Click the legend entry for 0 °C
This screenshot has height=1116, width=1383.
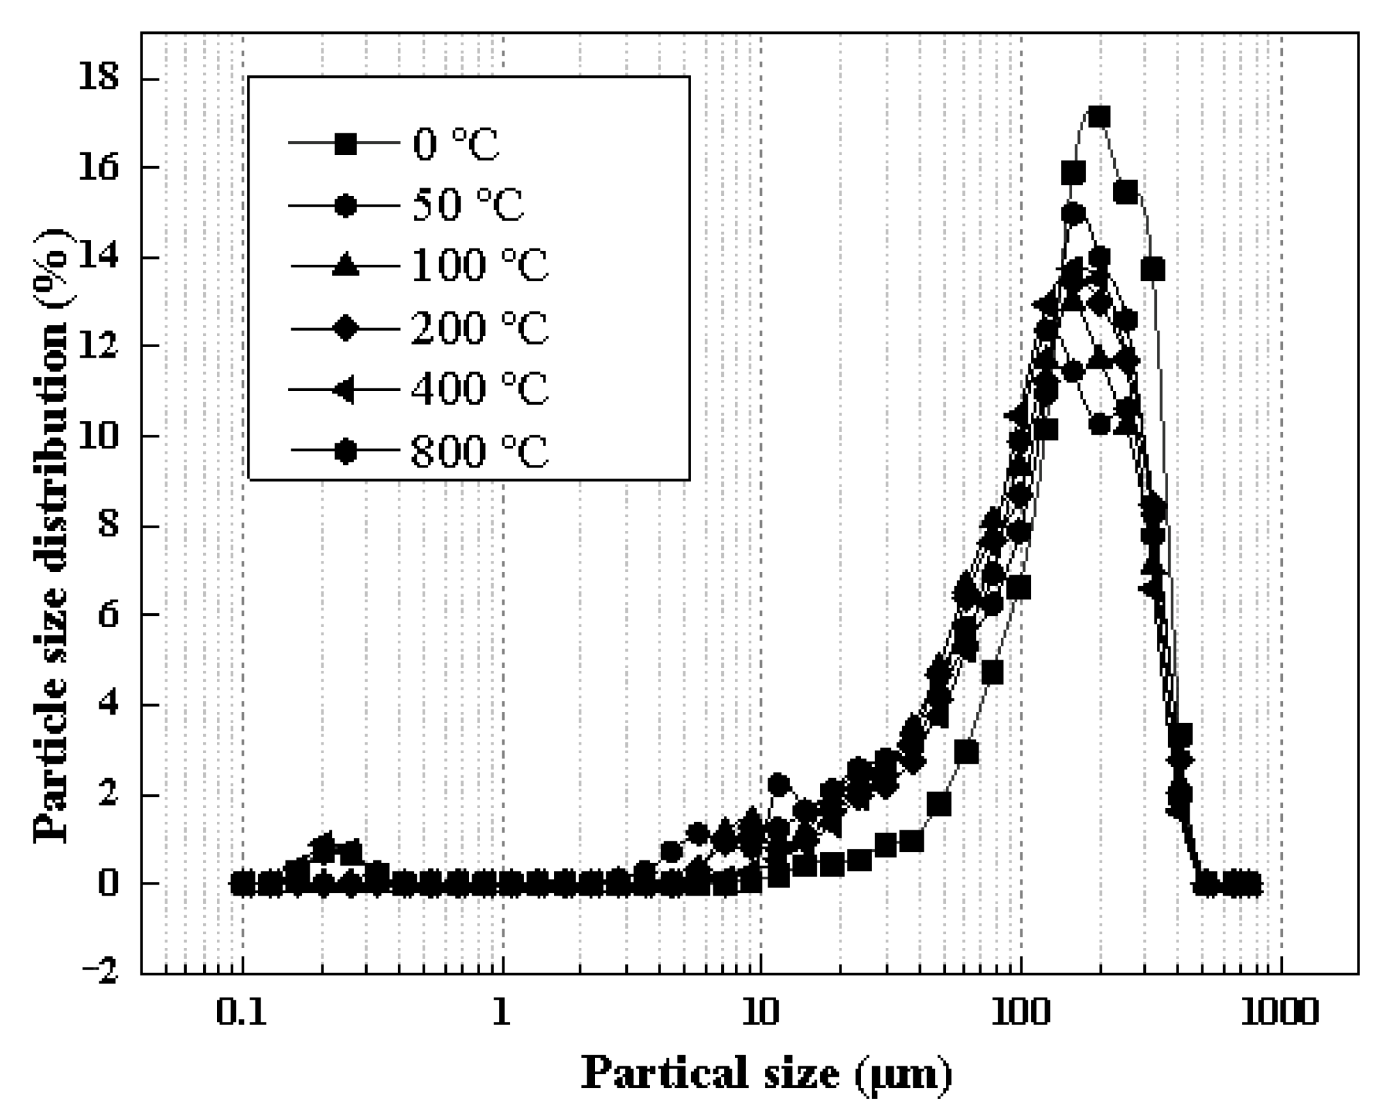(455, 144)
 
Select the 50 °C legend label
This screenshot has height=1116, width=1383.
(468, 205)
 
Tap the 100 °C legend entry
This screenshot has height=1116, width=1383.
(480, 266)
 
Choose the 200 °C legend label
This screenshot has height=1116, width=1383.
(480, 328)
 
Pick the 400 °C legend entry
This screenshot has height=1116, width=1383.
(480, 389)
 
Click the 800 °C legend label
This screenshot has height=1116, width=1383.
(480, 450)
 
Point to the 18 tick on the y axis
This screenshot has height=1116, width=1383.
(99, 78)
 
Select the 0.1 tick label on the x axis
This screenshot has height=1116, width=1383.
(242, 1013)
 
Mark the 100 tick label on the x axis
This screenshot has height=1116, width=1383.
(1020, 1013)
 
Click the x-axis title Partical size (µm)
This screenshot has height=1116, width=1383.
(766, 1074)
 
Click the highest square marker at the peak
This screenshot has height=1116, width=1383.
(1099, 117)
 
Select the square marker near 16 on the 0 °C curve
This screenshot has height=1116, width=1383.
(1073, 173)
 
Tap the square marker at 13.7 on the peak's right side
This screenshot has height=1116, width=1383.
(1153, 269)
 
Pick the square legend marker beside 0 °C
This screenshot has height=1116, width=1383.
(345, 144)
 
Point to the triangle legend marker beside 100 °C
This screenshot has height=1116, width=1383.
(345, 266)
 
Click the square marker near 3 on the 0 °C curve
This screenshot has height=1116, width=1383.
(966, 752)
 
